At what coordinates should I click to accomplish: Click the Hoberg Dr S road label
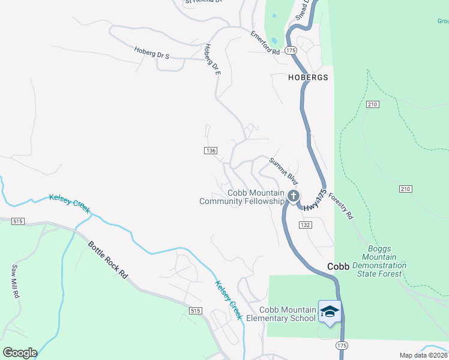(152, 53)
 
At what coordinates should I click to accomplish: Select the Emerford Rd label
(265, 43)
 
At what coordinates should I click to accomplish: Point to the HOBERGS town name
(308, 77)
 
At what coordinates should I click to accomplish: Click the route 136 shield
(210, 150)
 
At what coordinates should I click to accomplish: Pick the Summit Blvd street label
(283, 170)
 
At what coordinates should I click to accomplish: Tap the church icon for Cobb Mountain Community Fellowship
(293, 196)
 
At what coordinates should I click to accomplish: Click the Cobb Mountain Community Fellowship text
(242, 197)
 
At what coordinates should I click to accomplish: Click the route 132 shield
(305, 224)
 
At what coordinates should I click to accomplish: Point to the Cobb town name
(338, 266)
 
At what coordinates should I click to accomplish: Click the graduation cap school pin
(329, 311)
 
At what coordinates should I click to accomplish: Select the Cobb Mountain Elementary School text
(287, 314)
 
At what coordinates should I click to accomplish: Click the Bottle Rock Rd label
(108, 260)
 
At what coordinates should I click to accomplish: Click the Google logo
(20, 353)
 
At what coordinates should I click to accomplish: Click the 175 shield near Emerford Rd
(291, 51)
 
